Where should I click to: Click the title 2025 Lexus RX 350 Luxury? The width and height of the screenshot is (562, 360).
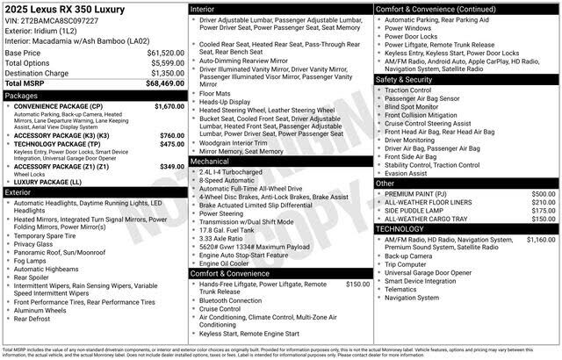[x=64, y=9]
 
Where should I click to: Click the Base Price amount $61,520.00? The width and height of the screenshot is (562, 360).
[x=163, y=53]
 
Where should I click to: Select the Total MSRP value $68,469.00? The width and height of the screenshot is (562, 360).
[x=163, y=83]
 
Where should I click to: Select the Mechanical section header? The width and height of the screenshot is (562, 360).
[x=210, y=162]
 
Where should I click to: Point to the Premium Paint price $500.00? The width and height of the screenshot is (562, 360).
[x=543, y=193]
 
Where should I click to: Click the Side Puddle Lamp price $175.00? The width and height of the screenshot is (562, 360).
[x=543, y=211]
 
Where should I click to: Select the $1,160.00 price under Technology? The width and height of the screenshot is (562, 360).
[x=540, y=239]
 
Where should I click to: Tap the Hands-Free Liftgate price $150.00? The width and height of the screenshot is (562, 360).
[x=357, y=284]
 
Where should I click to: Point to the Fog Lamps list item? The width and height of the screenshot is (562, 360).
[x=32, y=261]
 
